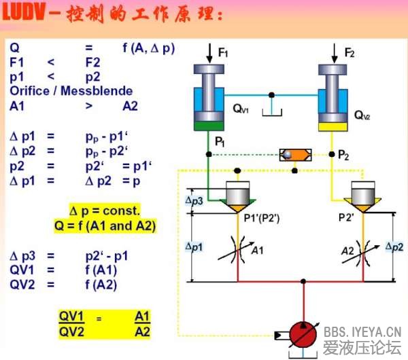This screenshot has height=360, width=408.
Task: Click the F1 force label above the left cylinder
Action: coord(224,52)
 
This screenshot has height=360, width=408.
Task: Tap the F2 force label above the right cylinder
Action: coord(349,52)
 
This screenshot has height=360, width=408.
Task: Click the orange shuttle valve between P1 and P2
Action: coord(296,155)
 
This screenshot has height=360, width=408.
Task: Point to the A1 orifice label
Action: coord(258,251)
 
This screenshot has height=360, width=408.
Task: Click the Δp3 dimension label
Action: coord(194,201)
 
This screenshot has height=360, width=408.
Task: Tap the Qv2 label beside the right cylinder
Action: coord(362,115)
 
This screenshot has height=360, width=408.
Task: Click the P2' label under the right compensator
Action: coord(350,217)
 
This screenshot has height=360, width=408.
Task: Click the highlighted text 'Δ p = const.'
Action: coord(105,210)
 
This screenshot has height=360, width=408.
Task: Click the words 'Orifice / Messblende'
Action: coord(71,90)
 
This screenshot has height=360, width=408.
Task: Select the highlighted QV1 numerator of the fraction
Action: coord(71,317)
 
